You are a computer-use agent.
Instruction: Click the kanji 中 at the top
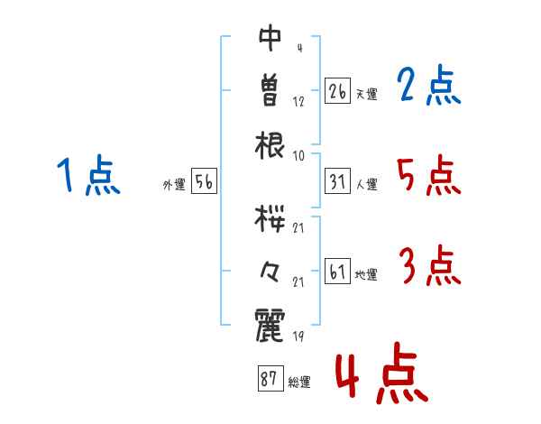[x=270, y=38]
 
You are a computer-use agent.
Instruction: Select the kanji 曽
[x=270, y=90]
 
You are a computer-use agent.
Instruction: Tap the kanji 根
[x=270, y=145]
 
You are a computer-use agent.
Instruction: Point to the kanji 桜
[x=270, y=218]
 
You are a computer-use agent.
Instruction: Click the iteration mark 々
[x=270, y=272]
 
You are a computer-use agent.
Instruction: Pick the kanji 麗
[x=270, y=325]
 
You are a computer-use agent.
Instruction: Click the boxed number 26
[x=337, y=91]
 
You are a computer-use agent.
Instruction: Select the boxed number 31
[x=337, y=181]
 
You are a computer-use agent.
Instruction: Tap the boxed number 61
[x=337, y=271]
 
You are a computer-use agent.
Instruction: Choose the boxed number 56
[x=204, y=181]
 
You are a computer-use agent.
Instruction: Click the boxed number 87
[x=270, y=378]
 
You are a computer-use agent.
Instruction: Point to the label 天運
[x=366, y=94]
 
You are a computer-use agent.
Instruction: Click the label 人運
[x=366, y=184]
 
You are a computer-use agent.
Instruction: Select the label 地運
[x=366, y=275]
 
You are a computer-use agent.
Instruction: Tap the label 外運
[x=174, y=185]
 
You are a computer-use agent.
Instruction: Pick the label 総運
[x=299, y=383]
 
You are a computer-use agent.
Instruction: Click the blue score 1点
[x=88, y=175]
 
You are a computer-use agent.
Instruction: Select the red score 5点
[x=429, y=175]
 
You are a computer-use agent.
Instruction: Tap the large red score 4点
[x=382, y=373]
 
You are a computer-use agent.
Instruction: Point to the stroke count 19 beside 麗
[x=298, y=336]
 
